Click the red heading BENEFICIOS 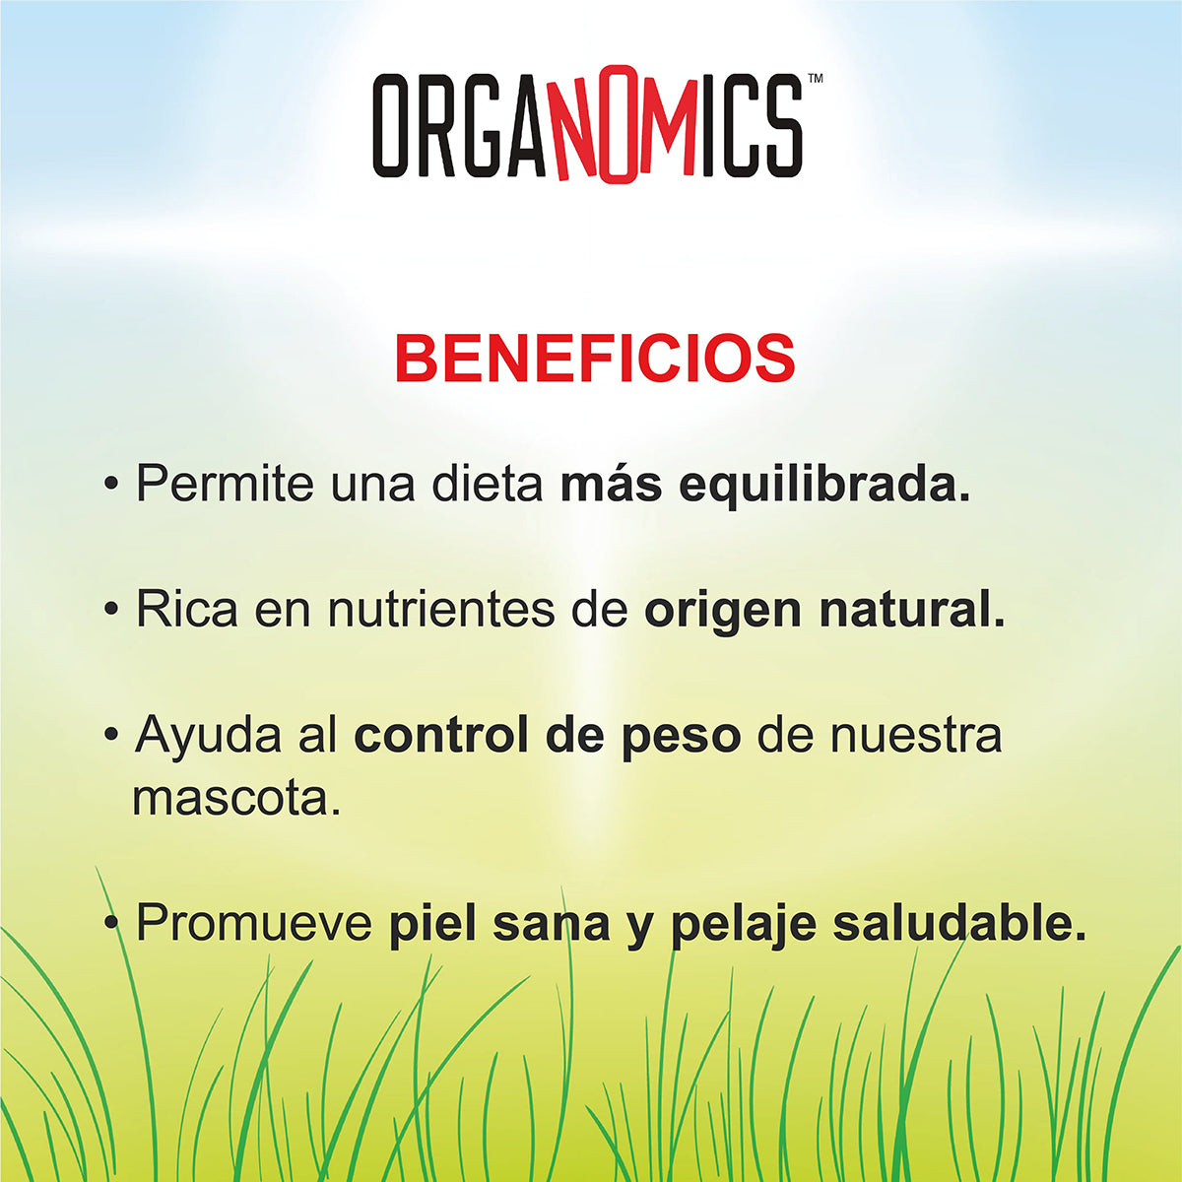[594, 359]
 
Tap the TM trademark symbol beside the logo [816, 79]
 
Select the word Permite [224, 485]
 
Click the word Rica [187, 610]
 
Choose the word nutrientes [441, 612]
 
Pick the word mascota [236, 799]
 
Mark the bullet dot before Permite [111, 485]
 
